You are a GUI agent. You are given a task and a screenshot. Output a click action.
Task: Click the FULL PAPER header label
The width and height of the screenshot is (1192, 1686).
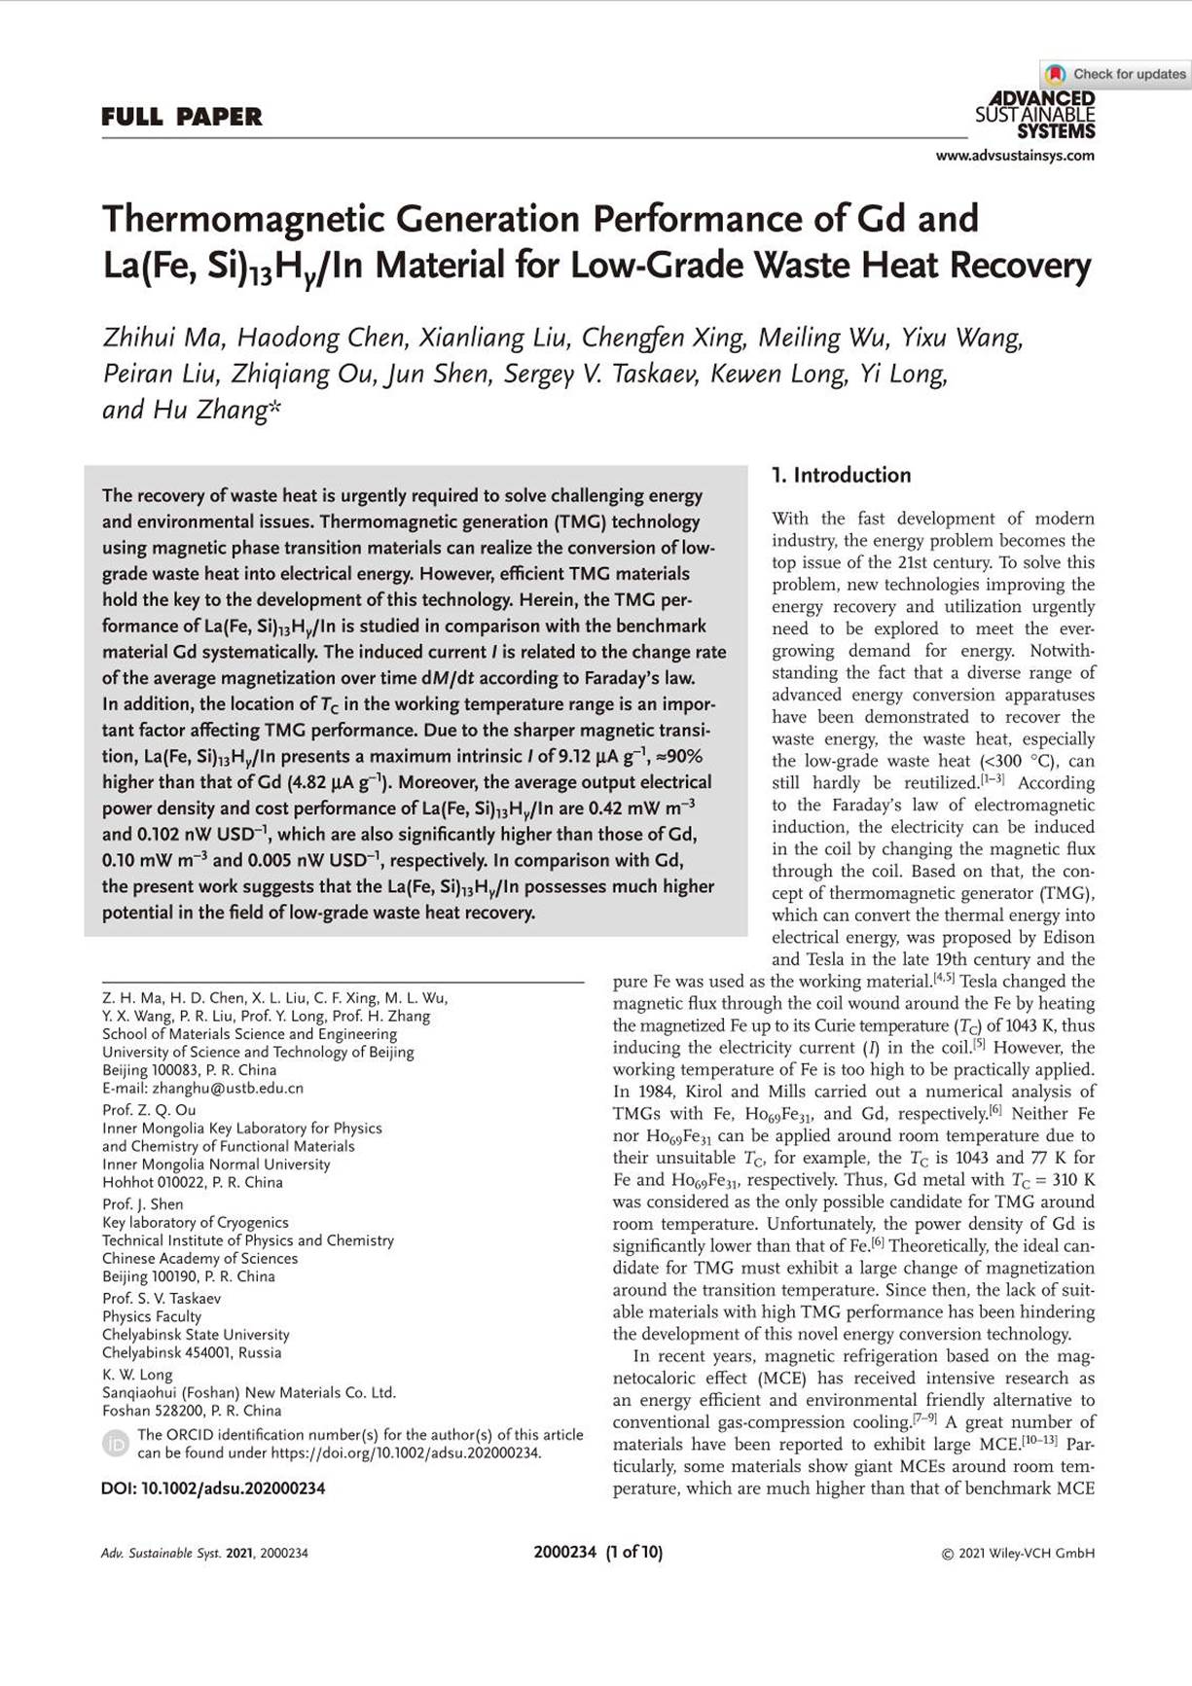(182, 118)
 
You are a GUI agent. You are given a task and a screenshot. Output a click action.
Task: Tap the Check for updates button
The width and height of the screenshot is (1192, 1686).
(1117, 74)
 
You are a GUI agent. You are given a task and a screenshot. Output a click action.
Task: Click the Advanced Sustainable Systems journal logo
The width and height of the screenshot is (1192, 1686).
(1035, 115)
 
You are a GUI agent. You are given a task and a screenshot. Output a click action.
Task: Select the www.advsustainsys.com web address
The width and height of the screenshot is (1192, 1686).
(1015, 156)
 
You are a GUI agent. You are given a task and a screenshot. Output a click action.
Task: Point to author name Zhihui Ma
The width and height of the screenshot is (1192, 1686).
(163, 339)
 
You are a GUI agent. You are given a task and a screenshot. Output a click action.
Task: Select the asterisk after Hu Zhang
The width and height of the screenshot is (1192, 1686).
(274, 408)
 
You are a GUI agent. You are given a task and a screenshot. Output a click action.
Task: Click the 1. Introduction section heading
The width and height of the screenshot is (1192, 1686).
(841, 476)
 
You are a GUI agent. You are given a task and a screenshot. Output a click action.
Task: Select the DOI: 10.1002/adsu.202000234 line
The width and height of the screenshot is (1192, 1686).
(213, 1489)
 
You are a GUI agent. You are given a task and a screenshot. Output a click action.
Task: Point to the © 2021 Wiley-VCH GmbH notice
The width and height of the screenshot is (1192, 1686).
(1018, 1554)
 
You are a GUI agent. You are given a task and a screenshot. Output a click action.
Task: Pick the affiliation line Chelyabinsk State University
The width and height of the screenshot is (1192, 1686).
(196, 1335)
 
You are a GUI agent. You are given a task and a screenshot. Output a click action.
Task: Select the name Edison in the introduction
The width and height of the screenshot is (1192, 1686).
(1067, 938)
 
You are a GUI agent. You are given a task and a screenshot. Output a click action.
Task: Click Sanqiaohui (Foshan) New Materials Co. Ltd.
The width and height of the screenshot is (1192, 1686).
(249, 1392)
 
